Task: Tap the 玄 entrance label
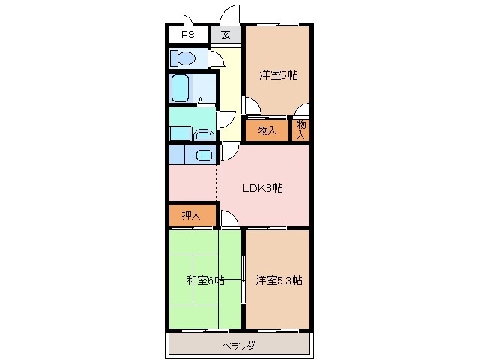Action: pyautogui.click(x=226, y=35)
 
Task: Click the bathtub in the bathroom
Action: pyautogui.click(x=181, y=88)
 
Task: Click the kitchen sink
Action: pyautogui.click(x=203, y=155)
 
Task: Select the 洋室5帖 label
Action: pyautogui.click(x=279, y=74)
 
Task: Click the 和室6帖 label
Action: pyautogui.click(x=205, y=280)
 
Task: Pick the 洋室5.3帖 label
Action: pyautogui.click(x=279, y=280)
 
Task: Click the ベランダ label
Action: pyautogui.click(x=239, y=346)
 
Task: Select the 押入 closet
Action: pyautogui.click(x=191, y=216)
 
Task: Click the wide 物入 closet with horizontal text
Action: pyautogui.click(x=267, y=130)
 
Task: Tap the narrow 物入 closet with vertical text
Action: pyautogui.click(x=301, y=130)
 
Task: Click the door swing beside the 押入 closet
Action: pyautogui.click(x=230, y=219)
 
